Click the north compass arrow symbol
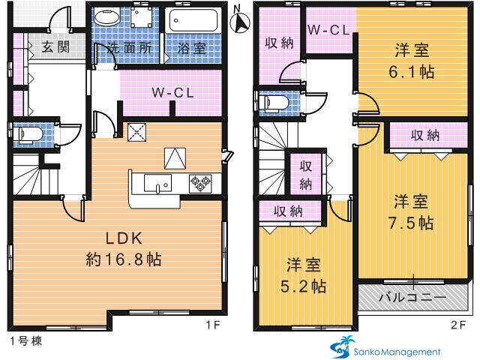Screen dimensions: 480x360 coord(240,21)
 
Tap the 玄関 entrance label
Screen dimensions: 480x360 coord(55,46)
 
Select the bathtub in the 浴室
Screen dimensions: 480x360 coord(193,20)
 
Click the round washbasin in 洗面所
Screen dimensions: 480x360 coord(106,16)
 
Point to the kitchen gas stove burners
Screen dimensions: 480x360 coord(200,184)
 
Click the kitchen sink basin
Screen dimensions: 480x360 coord(157,183)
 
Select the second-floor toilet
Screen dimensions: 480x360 coord(273,103)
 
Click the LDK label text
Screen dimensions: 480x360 coord(124,238)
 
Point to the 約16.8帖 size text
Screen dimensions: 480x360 coord(124,259)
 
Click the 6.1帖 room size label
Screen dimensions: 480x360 coord(412,72)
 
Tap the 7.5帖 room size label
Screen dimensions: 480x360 coord(411,223)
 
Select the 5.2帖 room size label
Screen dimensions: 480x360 coord(303,286)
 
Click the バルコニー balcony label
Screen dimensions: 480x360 coord(412,297)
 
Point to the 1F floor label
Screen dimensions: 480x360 coord(213,325)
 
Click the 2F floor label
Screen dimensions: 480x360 coord(458,325)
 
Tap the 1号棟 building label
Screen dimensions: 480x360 coord(26,340)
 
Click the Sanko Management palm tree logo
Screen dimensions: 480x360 coord(342,347)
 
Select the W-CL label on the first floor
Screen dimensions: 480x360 coord(173,93)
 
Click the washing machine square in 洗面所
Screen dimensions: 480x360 coord(141,16)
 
